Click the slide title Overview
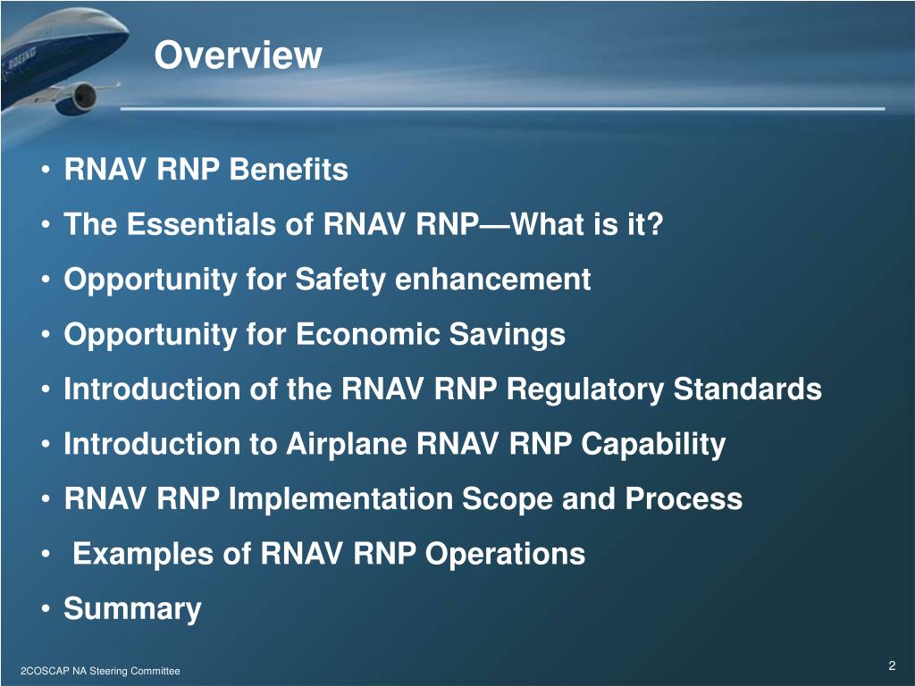237,55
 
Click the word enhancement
492,280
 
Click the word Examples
144,555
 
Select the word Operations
505,555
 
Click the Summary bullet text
132,610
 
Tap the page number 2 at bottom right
892,666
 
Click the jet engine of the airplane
81,96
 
